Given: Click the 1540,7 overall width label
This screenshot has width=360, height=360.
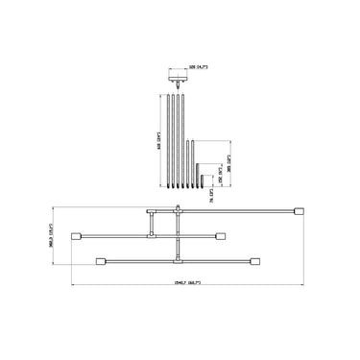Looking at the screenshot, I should point(180,283).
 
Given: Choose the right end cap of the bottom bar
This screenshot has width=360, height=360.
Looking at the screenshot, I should point(256,259).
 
